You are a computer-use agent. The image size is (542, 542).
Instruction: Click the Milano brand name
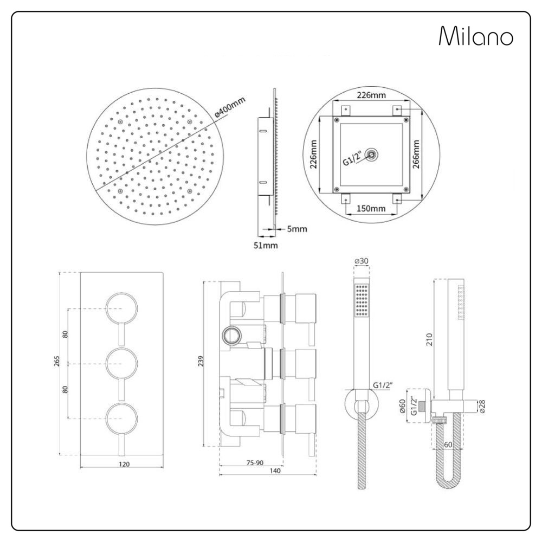[476, 36]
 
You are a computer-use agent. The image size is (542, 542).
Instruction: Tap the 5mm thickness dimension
[297, 229]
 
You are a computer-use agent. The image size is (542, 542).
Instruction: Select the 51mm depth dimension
[266, 246]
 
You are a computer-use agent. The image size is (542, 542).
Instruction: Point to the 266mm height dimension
[416, 154]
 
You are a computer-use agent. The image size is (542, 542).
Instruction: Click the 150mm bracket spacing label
[371, 209]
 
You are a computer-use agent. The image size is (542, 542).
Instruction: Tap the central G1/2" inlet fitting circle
[372, 154]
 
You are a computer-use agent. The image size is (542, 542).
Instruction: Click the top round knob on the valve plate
[121, 308]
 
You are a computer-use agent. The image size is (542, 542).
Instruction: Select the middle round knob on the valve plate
[121, 364]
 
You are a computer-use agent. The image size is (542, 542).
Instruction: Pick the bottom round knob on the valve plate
[121, 418]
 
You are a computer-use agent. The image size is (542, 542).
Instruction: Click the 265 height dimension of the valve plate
[57, 361]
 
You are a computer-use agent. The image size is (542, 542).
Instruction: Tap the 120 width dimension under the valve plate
[124, 464]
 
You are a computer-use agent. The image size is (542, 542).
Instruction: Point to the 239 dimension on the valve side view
[201, 360]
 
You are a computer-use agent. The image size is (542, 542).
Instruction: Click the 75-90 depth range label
[255, 462]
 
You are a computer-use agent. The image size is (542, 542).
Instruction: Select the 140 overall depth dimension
[275, 470]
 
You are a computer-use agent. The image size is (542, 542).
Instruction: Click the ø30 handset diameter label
[362, 261]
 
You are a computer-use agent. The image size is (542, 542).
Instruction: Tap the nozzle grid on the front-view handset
[362, 300]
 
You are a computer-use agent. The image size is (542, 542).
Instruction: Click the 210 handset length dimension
[429, 339]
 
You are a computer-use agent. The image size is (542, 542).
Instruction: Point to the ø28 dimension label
[482, 406]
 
